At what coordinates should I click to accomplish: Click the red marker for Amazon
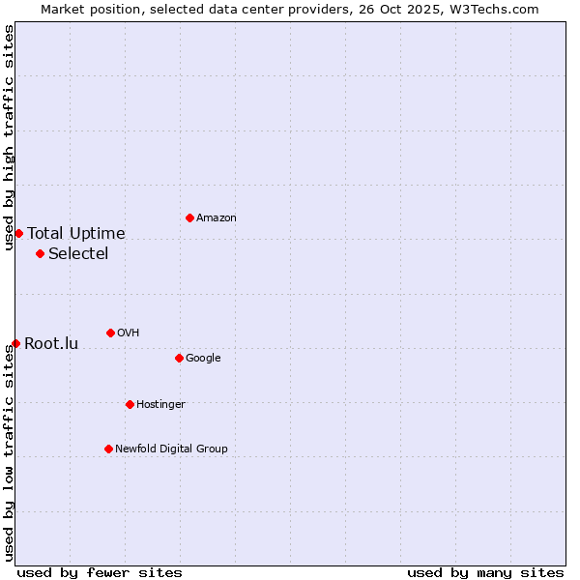click(189, 217)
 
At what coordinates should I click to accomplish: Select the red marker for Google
click(179, 358)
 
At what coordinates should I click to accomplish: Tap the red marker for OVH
click(110, 333)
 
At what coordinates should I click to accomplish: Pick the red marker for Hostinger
click(130, 404)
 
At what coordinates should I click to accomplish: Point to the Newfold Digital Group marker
click(108, 449)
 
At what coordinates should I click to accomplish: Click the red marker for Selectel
click(40, 253)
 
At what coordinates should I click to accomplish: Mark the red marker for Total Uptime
click(18, 233)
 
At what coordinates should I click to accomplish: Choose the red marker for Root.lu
click(15, 343)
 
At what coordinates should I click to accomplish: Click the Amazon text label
click(217, 218)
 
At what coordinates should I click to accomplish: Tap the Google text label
click(203, 359)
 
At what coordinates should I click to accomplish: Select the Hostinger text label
click(160, 405)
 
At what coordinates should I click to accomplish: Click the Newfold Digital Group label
click(171, 449)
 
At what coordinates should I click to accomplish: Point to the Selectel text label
click(78, 254)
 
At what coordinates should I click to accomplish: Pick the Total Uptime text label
click(76, 234)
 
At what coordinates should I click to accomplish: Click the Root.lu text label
click(51, 344)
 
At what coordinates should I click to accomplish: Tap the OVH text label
click(129, 333)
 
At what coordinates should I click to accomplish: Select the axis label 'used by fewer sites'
click(100, 572)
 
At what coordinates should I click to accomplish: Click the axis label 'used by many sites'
click(485, 572)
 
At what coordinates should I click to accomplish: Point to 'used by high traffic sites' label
click(9, 137)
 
